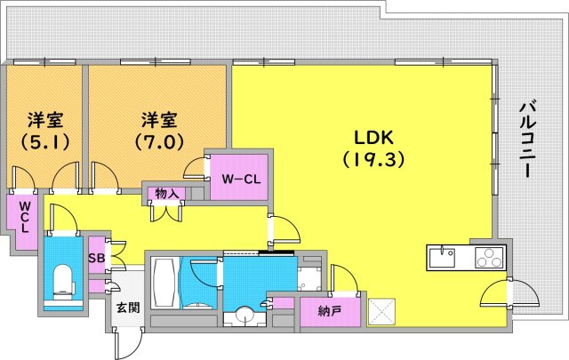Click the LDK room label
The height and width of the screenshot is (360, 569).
pos(373,138)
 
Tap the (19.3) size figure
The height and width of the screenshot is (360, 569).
pos(373,159)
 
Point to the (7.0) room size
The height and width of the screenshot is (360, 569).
pos(159,141)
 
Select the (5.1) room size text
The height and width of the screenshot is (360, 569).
pos(45,141)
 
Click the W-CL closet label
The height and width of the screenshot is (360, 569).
pos(241,179)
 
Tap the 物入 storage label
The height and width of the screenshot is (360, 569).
pos(166,193)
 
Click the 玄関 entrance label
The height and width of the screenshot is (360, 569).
pos(128,308)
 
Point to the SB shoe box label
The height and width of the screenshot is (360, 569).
pos(97,258)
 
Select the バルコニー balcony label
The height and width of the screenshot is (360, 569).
pos(527,140)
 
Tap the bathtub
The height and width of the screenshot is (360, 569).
pos(164,283)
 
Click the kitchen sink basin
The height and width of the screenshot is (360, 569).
pos(442,258)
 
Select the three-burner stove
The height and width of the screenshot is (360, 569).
pos(489,258)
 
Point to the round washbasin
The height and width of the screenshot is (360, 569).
pos(244,315)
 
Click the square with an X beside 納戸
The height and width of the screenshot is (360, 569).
pos(381,312)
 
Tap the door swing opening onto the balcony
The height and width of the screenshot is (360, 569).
pos(509,293)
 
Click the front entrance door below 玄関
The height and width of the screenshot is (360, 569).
pos(128,343)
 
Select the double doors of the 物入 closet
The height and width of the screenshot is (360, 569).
pos(166,212)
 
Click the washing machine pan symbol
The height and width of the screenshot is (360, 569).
pos(309,279)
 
